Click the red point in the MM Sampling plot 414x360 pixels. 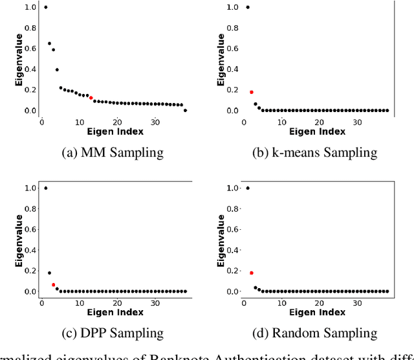[x=91, y=98]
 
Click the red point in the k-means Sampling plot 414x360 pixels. [x=252, y=92]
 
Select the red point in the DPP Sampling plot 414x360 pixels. [x=53, y=285]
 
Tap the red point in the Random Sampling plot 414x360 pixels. [x=252, y=273]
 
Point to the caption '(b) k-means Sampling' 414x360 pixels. [x=314, y=153]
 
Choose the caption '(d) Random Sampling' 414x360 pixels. [x=314, y=333]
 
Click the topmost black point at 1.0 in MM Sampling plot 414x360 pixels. [x=45, y=7]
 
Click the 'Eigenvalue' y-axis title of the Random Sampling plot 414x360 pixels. [x=220, y=240]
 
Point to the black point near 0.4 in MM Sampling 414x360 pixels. [x=57, y=69]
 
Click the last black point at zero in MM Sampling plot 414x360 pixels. [x=185, y=111]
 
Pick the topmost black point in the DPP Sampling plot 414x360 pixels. [x=45, y=188]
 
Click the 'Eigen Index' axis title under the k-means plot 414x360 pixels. [x=317, y=131]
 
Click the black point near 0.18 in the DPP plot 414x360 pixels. [x=49, y=273]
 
